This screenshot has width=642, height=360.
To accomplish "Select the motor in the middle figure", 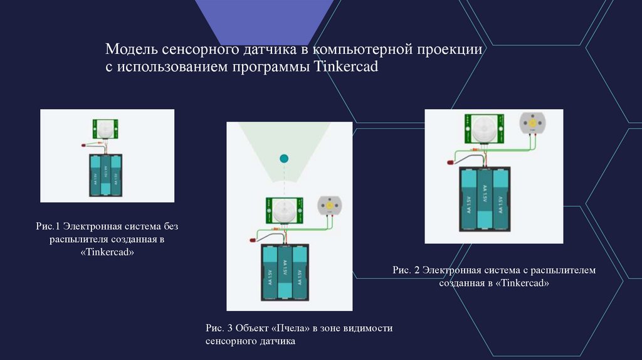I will (329, 206).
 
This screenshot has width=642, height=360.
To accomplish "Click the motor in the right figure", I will (532, 123).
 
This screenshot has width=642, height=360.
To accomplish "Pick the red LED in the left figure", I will (84, 146).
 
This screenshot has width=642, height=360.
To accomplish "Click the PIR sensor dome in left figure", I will (106, 129).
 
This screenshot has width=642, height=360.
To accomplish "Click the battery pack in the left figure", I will (105, 176).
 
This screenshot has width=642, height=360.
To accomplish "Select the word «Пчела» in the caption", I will (295, 328).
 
